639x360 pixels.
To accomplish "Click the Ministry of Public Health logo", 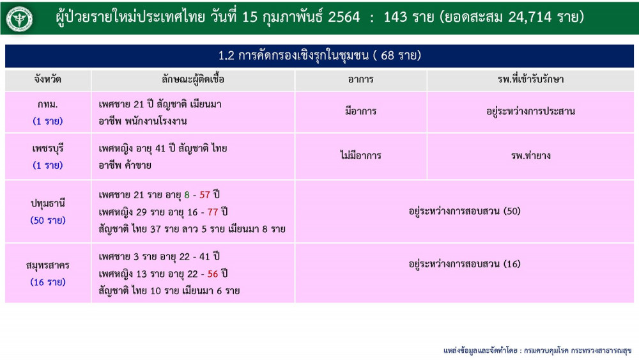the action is click(x=19, y=19).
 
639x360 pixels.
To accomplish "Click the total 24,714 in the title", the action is click(x=529, y=17).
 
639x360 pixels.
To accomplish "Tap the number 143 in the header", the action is click(x=396, y=17).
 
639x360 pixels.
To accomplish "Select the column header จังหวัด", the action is click(x=48, y=79).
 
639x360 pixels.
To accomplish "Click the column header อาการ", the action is click(x=360, y=79).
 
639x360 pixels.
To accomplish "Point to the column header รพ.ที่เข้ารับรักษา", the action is click(x=530, y=79).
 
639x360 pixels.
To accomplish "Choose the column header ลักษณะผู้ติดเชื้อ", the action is click(x=193, y=79).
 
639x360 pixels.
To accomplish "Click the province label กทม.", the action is click(x=48, y=104).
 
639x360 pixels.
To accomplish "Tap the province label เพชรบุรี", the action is click(x=48, y=149).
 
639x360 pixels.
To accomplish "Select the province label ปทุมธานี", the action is click(x=48, y=203).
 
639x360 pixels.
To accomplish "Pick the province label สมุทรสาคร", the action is click(x=48, y=265).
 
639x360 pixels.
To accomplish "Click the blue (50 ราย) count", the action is click(x=48, y=221).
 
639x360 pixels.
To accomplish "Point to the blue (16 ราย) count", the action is click(x=48, y=282).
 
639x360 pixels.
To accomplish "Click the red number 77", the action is click(x=213, y=212).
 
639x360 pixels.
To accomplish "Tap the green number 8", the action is click(x=187, y=195).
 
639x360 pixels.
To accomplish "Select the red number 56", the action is click(x=213, y=274).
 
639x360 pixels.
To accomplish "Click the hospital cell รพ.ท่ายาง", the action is click(x=530, y=156).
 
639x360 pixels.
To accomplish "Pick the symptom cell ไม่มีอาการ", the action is click(x=360, y=155).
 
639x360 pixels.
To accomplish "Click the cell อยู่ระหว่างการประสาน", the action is click(x=530, y=111).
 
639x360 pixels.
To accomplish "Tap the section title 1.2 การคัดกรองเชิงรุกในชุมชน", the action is click(x=293, y=56).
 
